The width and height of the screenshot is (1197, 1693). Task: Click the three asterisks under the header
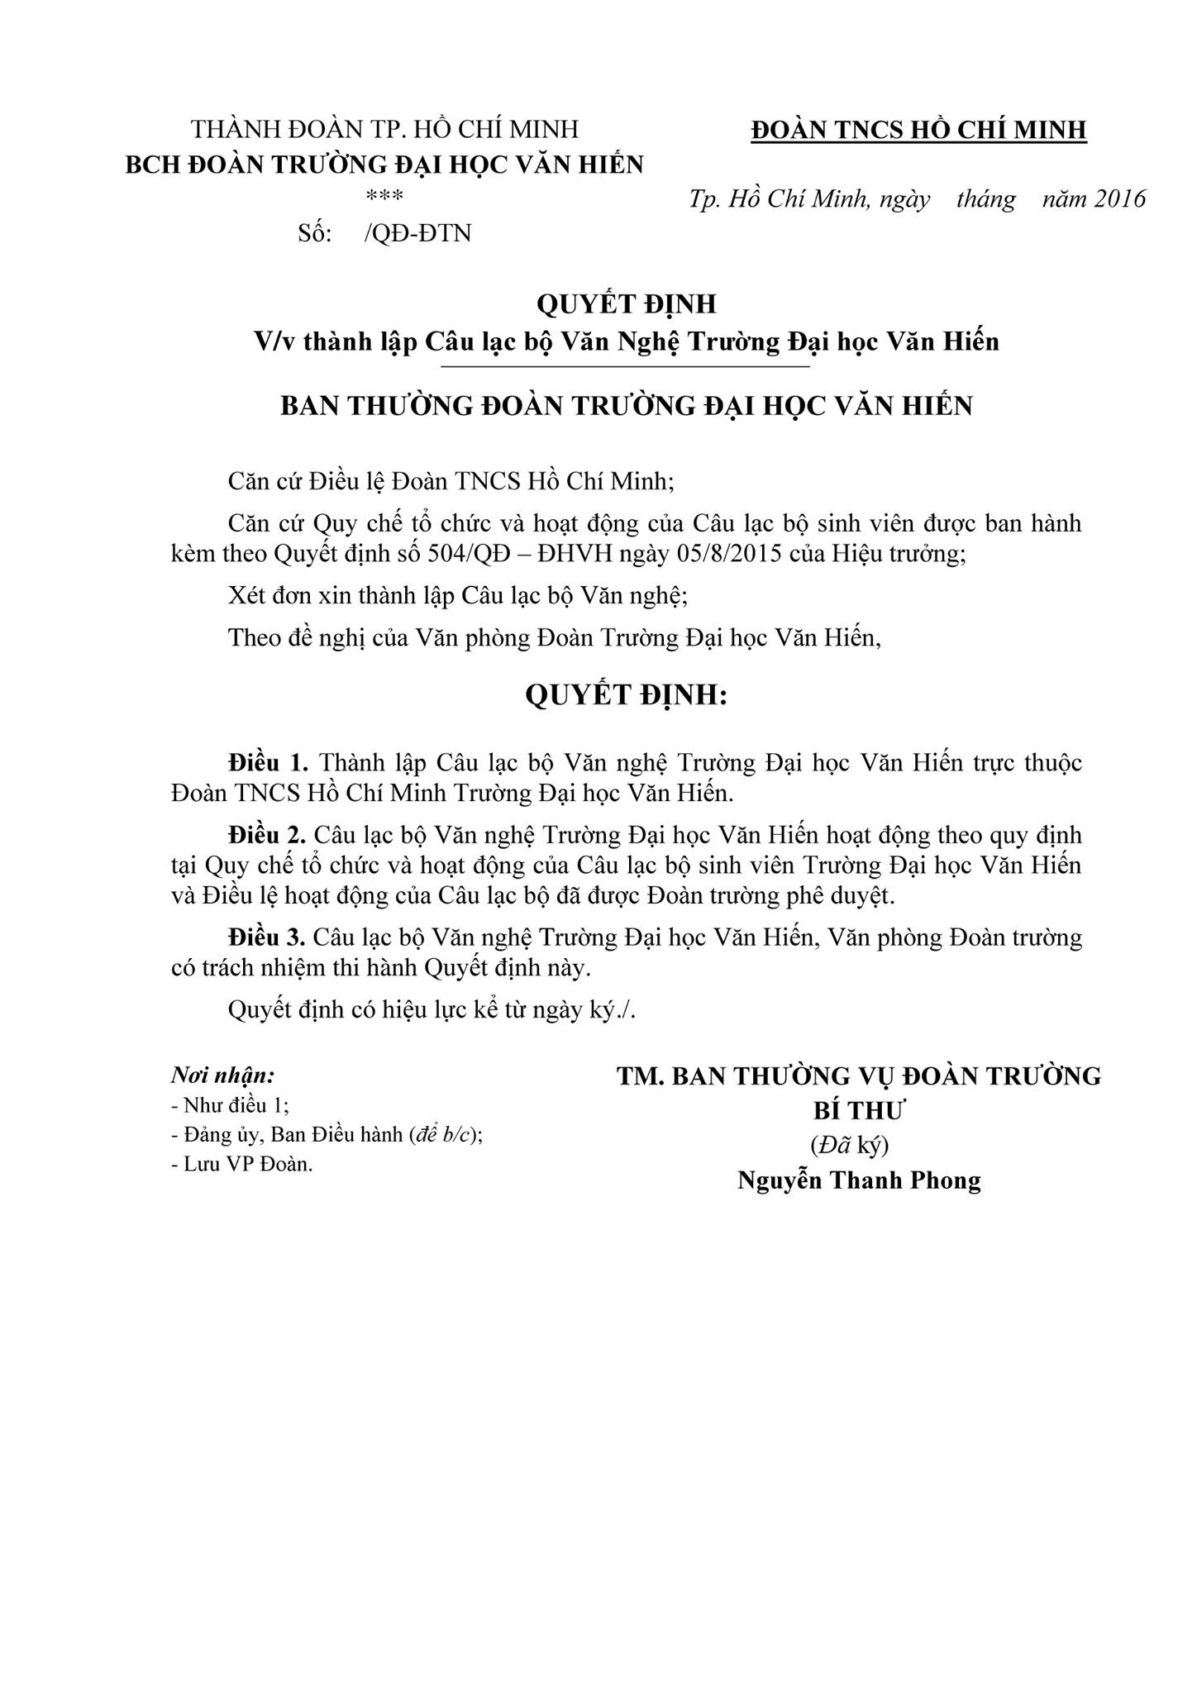point(384,197)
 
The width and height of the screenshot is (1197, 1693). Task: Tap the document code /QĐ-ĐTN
point(417,234)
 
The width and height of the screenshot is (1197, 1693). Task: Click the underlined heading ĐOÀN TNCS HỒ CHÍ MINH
point(918,130)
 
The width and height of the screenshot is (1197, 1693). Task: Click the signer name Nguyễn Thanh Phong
point(859,1180)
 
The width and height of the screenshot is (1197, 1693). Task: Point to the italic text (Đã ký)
point(849,1145)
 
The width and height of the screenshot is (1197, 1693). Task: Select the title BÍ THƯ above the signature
point(859,1110)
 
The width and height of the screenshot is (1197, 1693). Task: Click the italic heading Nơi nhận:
point(222,1075)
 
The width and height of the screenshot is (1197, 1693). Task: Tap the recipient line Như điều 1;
point(236,1106)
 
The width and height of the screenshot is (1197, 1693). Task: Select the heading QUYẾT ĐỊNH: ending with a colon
point(626,696)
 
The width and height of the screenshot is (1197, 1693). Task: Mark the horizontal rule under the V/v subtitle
point(626,365)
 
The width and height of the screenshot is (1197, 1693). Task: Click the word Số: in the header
point(314,234)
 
